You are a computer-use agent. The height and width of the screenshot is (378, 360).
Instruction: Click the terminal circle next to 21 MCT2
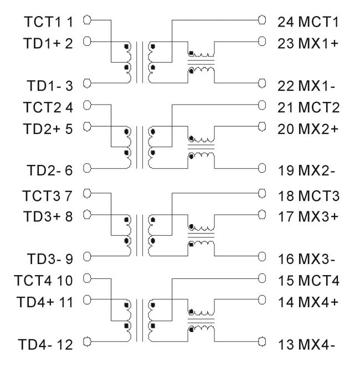coord(263,105)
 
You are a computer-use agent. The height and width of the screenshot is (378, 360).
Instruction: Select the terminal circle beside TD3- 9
coord(86,256)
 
